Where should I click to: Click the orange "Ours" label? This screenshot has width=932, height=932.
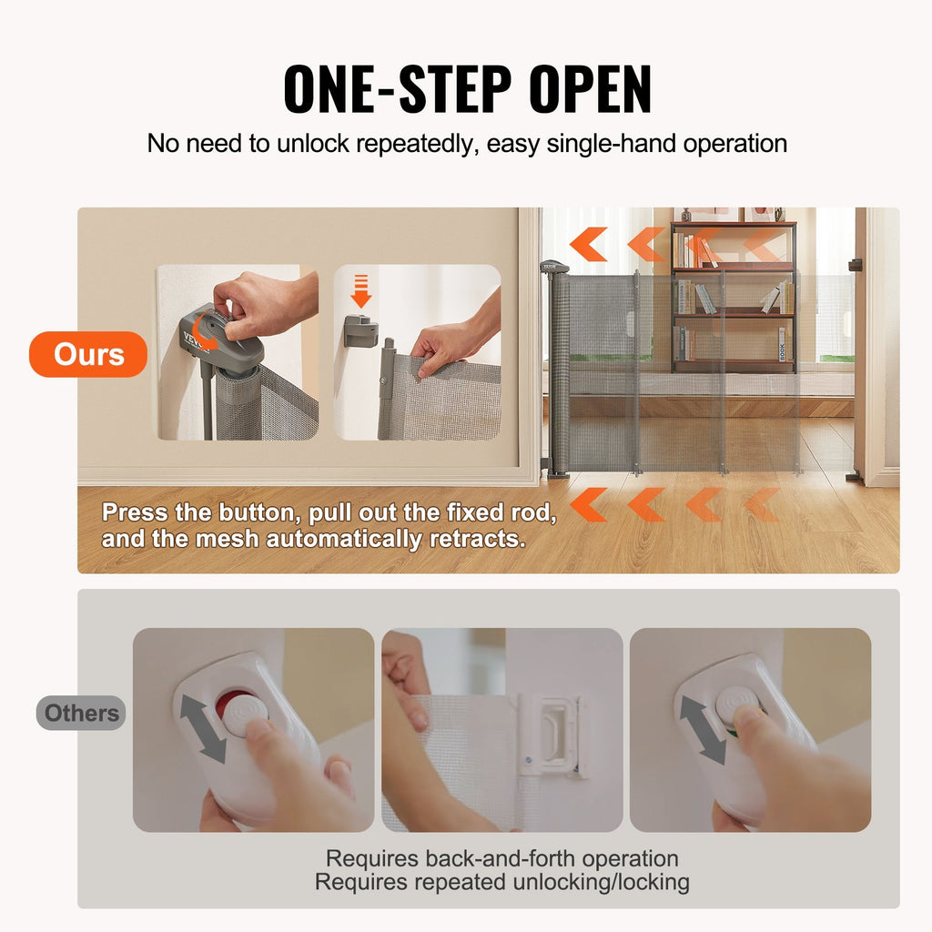point(87,354)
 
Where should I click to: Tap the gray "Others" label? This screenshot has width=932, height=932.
point(81,713)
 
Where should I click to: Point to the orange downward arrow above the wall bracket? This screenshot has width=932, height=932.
point(361,291)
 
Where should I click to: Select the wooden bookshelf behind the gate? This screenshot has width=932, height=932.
point(733,296)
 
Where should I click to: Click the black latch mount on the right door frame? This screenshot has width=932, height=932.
point(855,265)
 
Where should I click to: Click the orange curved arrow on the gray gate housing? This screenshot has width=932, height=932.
point(207,338)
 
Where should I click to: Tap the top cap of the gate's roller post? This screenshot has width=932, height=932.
point(553,267)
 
